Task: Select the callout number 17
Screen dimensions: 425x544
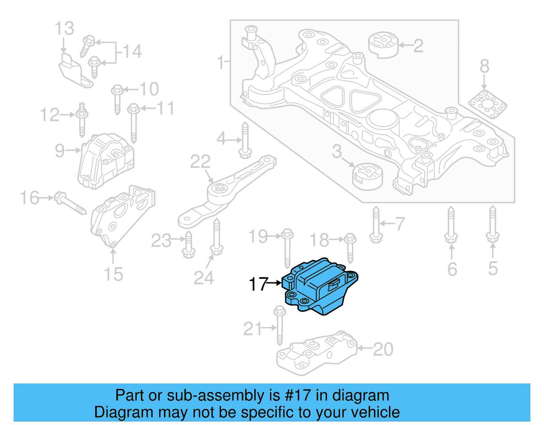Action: coord(258,284)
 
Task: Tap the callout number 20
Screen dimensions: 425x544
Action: coord(383,349)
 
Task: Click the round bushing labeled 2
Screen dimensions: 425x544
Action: coord(383,45)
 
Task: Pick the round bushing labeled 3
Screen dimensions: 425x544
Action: coord(368,176)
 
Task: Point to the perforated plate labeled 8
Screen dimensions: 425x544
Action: coord(488,104)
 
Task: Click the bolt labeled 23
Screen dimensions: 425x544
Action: coord(188,245)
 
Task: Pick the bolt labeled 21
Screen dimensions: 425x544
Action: coord(279,325)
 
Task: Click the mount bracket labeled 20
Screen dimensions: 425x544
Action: coord(316,354)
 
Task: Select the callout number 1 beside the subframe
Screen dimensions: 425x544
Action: coord(221,63)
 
